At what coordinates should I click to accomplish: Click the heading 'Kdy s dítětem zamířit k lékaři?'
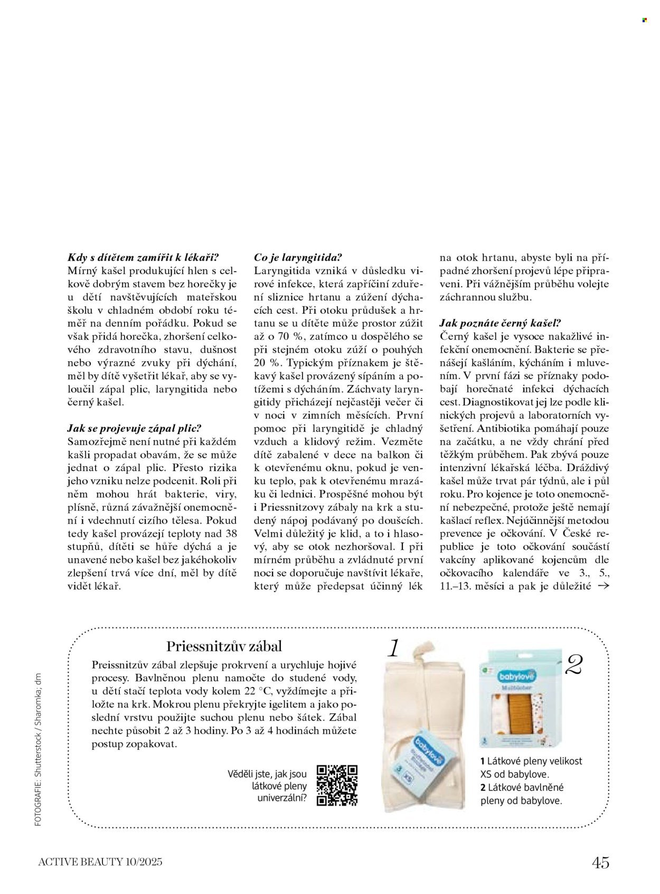(x=143, y=258)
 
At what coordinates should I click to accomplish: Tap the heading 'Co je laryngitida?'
(x=298, y=258)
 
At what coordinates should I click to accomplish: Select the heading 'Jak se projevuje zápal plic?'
(x=135, y=428)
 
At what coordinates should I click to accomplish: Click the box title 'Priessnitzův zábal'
(x=224, y=646)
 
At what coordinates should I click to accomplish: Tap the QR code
(x=337, y=785)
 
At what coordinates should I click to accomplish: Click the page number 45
(x=600, y=862)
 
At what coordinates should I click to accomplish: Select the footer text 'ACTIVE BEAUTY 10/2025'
(x=100, y=862)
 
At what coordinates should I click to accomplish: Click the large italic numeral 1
(x=393, y=648)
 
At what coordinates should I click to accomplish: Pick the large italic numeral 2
(x=573, y=665)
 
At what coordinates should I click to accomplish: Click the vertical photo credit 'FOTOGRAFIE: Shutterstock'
(x=37, y=750)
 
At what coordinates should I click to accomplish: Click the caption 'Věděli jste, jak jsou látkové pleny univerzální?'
(x=267, y=786)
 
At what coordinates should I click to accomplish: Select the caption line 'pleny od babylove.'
(x=521, y=801)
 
